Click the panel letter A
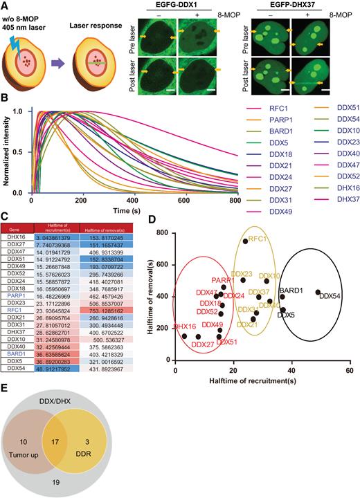(6, 6)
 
